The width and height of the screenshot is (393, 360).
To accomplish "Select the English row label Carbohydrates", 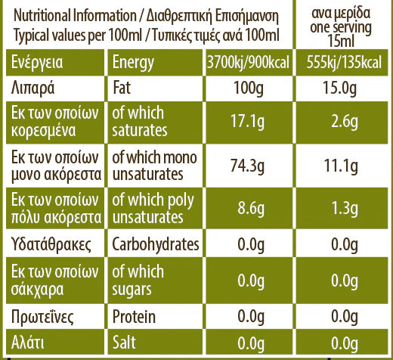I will click(x=155, y=244).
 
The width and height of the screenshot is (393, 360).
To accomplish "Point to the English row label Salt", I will click(x=125, y=342).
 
